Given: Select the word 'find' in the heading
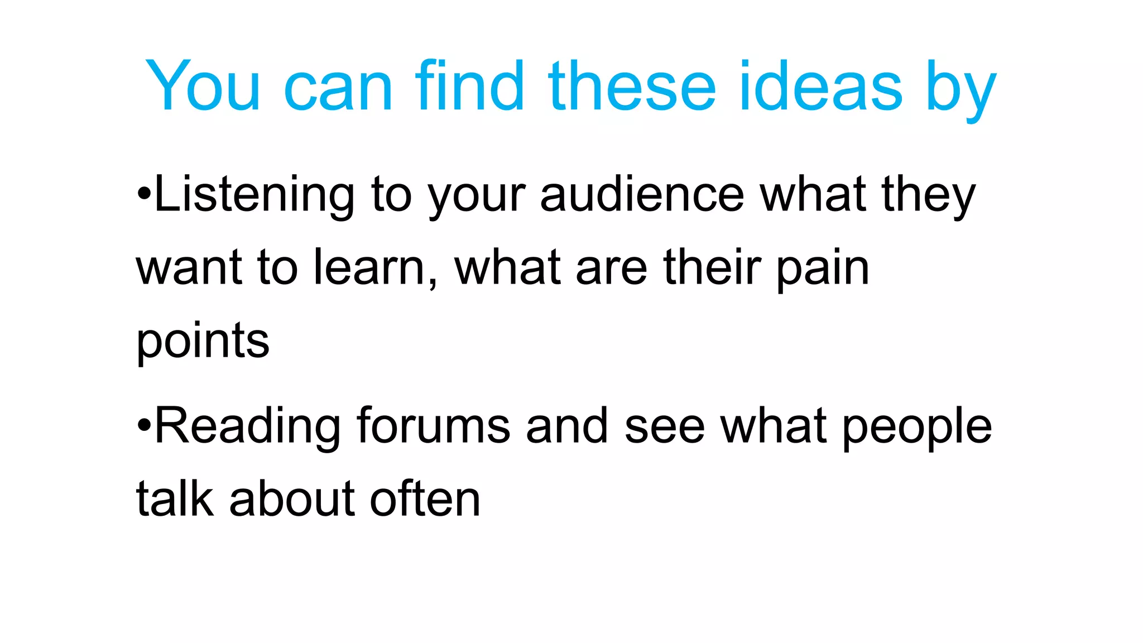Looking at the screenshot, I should (x=469, y=87).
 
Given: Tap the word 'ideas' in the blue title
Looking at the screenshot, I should (x=820, y=87).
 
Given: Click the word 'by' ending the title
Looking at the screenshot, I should (x=961, y=89).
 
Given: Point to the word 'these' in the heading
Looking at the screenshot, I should (x=632, y=87).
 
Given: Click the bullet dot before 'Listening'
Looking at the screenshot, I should (x=144, y=195).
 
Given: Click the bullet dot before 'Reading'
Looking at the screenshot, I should (x=144, y=426).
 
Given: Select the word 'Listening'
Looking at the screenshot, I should (x=254, y=195).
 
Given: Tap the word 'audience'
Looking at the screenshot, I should (x=642, y=195).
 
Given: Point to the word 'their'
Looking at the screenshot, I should (x=712, y=268).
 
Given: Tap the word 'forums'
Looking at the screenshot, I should (x=433, y=426).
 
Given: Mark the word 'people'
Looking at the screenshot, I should (x=916, y=429).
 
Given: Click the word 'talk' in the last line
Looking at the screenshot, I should (x=175, y=498).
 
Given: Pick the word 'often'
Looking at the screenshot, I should (x=425, y=498).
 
